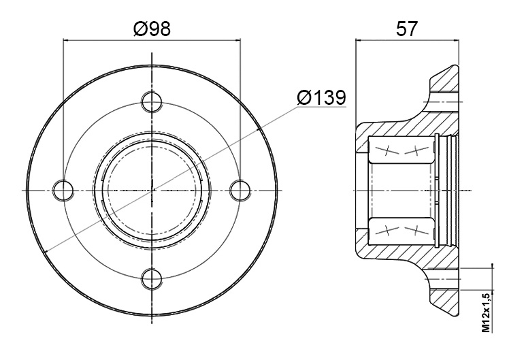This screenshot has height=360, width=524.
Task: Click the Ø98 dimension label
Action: (x=152, y=29)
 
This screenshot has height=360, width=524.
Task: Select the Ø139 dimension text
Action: (x=321, y=97)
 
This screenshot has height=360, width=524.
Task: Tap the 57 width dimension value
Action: (x=407, y=29)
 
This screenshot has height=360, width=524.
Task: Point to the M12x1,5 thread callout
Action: (x=487, y=312)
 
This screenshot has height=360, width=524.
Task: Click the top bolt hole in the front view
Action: (x=152, y=101)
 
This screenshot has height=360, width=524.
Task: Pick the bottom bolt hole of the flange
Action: (x=152, y=279)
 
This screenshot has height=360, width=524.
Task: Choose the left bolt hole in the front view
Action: (x=63, y=190)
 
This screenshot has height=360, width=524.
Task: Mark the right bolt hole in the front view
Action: (x=240, y=190)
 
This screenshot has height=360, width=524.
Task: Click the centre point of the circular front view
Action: (x=152, y=190)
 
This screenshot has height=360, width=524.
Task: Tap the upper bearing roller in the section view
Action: (x=401, y=150)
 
